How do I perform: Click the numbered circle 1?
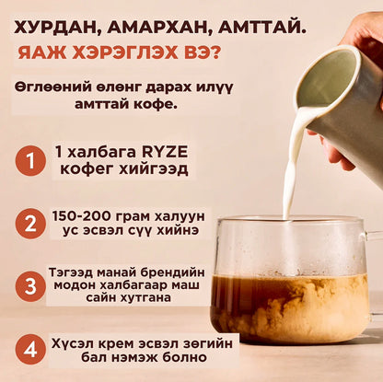pyautogui.click(x=30, y=161)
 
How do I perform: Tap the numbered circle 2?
pyautogui.click(x=30, y=224)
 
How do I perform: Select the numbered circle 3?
pyautogui.click(x=30, y=286)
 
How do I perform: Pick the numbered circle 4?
pyautogui.click(x=30, y=349)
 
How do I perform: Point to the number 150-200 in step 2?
pyautogui.click(x=81, y=216)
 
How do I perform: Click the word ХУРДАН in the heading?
pyautogui.click(x=56, y=29)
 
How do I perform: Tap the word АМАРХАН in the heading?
pyautogui.click(x=157, y=29)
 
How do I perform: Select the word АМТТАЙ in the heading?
pyautogui.click(x=261, y=29)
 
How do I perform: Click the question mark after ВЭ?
pyautogui.click(x=215, y=52)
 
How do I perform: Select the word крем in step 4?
pyautogui.click(x=118, y=344)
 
